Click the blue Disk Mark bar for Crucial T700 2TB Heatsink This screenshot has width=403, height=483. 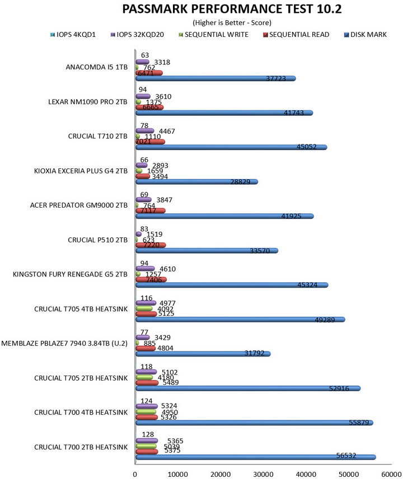[x=255, y=457]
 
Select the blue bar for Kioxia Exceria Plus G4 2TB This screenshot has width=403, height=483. [x=196, y=182]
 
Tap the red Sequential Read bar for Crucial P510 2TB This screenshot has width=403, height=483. [x=151, y=245]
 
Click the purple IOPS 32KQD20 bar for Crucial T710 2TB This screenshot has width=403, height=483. [x=144, y=131]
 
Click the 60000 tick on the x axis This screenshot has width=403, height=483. [x=390, y=473]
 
